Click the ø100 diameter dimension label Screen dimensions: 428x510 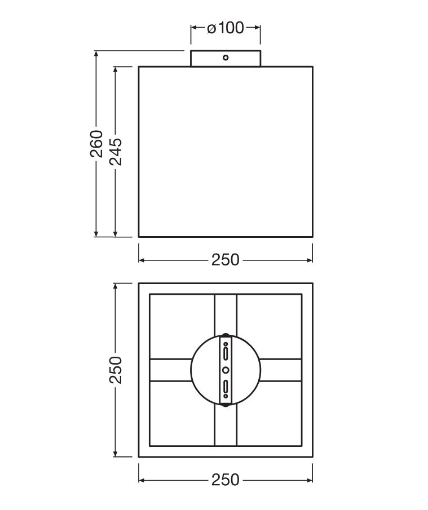point(225,28)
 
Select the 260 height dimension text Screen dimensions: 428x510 point(96,144)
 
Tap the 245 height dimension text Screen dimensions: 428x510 point(116,152)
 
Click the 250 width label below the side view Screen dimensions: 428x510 point(225,260)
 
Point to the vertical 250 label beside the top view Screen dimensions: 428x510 point(116,370)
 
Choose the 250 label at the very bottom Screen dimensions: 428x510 point(225,480)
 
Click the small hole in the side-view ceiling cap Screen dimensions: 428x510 point(225,58)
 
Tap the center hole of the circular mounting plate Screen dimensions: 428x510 point(226,370)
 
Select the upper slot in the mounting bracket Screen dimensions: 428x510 point(226,353)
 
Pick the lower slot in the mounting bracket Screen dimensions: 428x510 point(226,387)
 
